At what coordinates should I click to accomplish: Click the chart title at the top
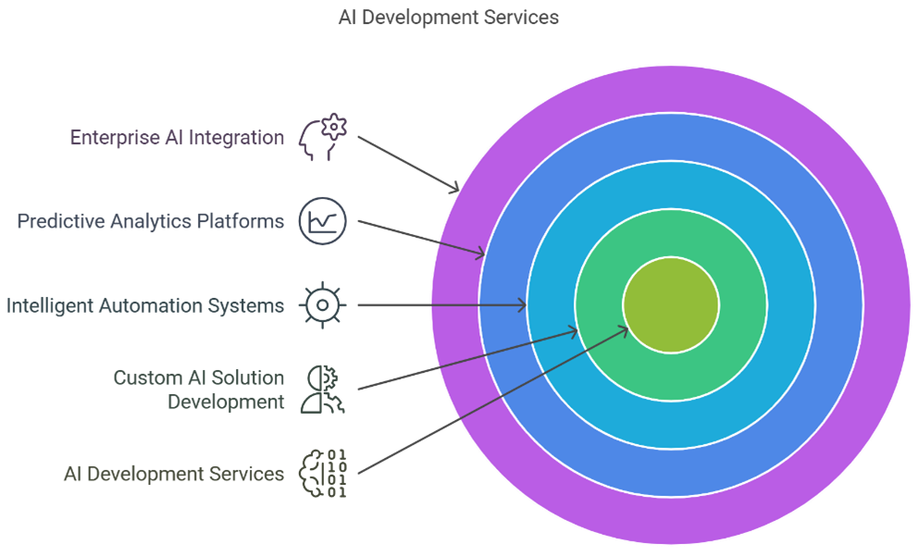pyautogui.click(x=449, y=18)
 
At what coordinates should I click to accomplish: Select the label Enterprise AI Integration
pyautogui.click(x=177, y=138)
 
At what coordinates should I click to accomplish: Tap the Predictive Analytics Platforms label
pyautogui.click(x=151, y=221)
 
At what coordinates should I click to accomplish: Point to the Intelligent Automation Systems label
pyautogui.click(x=145, y=305)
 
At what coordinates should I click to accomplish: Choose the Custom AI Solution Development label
pyautogui.click(x=199, y=390)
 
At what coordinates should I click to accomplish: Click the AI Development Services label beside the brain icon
pyautogui.click(x=174, y=474)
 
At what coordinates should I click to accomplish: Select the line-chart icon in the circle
pyautogui.click(x=323, y=221)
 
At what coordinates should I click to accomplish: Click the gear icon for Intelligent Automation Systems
pyautogui.click(x=323, y=305)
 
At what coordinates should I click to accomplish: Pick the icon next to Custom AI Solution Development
pyautogui.click(x=323, y=390)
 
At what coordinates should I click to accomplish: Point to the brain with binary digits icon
pyautogui.click(x=323, y=474)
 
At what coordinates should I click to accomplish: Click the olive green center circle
pyautogui.click(x=671, y=304)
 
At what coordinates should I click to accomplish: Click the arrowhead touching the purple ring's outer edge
pyautogui.click(x=453, y=188)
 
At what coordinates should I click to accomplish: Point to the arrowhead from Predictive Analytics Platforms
pyautogui.click(x=479, y=253)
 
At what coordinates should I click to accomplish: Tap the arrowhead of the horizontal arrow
pyautogui.click(x=521, y=304)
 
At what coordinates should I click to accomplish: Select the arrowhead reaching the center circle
pyautogui.click(x=622, y=331)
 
